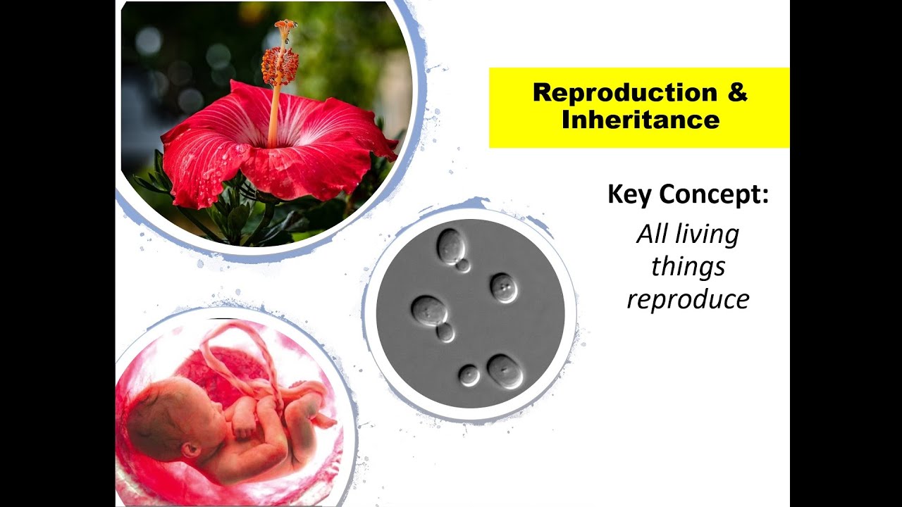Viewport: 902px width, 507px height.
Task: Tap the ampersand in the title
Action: [737, 93]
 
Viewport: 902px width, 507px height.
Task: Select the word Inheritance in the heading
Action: [640, 120]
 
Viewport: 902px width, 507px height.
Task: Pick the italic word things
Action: [679, 267]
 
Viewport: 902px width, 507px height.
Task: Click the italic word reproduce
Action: [688, 300]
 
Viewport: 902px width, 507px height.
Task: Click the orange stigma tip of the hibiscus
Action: [285, 27]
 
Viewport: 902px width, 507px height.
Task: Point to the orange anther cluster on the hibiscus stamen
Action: [280, 66]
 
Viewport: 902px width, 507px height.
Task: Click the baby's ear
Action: [190, 449]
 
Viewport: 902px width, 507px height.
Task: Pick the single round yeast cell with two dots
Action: [504, 288]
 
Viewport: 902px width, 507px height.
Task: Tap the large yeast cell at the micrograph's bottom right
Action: [505, 371]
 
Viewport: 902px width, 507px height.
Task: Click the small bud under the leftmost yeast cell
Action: [445, 332]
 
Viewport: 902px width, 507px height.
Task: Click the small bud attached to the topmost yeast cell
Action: [462, 265]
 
